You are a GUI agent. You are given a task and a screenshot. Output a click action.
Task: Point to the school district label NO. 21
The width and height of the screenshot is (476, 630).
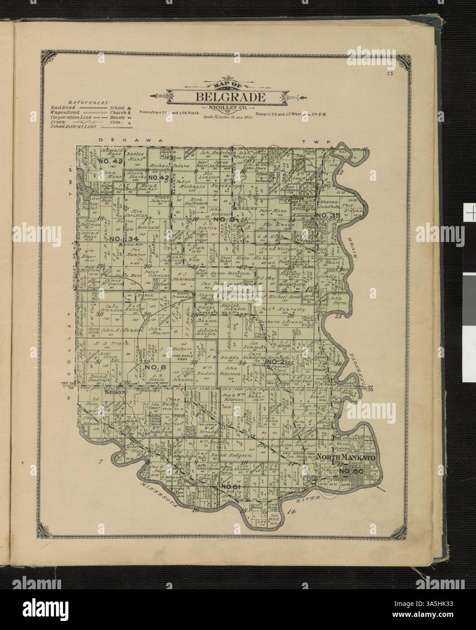point(277,362)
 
